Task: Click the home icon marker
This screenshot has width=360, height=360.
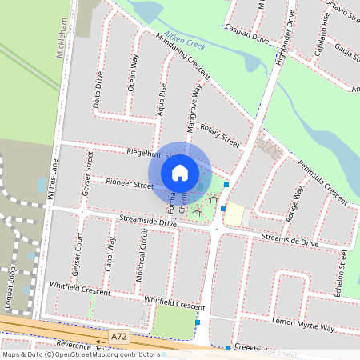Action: coord(180,172)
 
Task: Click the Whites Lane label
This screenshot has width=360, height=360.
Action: coord(54,179)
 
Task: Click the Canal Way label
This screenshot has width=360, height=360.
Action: coord(111,255)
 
